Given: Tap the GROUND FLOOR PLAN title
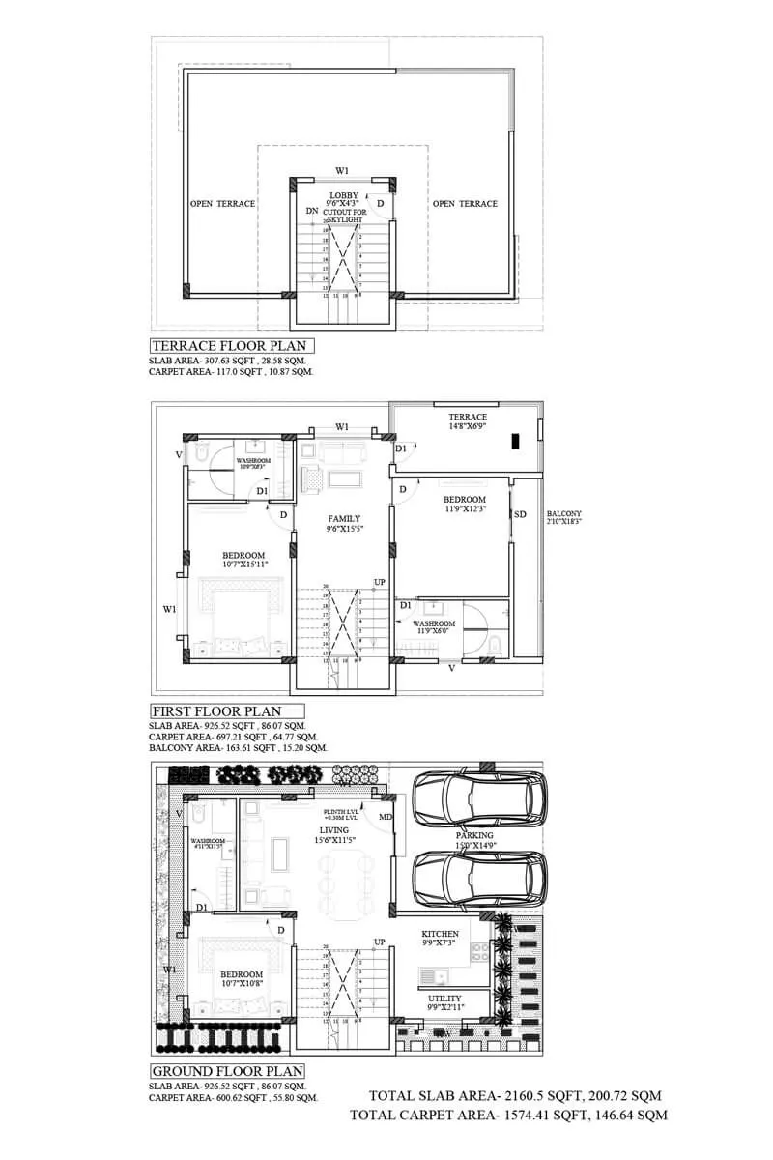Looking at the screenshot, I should tap(228, 1071).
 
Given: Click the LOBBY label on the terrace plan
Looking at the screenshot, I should tap(343, 195).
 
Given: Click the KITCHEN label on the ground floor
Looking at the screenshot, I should tap(440, 934).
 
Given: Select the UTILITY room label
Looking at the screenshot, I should tap(444, 999).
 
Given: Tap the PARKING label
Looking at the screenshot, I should tap(474, 835).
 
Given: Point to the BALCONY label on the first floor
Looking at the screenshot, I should tap(564, 514).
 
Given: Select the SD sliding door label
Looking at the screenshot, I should tap(521, 514).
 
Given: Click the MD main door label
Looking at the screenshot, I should tap(386, 817).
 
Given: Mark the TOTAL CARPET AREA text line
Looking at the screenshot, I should tap(508, 1115).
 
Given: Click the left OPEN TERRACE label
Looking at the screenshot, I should tap(222, 204).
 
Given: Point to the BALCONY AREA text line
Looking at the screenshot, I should tap(238, 748).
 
